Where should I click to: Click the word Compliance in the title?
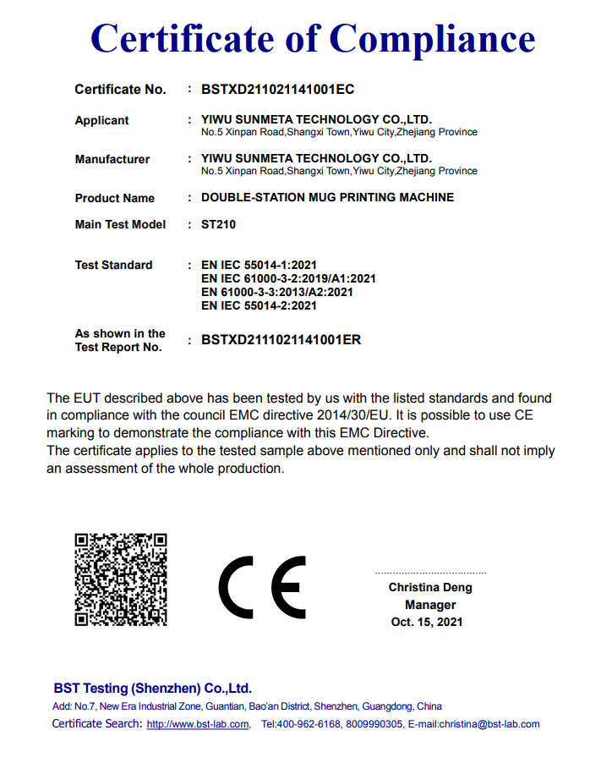coord(432,39)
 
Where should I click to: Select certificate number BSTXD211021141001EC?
coord(278,89)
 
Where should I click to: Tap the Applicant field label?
coord(101,120)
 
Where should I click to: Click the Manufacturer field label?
coord(112,159)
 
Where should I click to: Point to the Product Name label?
coord(114,198)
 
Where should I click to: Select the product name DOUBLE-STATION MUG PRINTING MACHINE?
coord(327,197)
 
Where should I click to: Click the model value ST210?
coord(218,225)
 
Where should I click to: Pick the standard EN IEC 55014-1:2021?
coord(259,265)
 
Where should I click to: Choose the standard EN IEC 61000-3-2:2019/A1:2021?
coord(288,278)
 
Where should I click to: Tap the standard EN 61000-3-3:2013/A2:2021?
coord(276,292)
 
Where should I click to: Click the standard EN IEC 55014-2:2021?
coord(259,305)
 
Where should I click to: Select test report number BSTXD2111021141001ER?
coord(281,340)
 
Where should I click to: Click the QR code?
coord(121,579)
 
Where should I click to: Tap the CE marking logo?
coord(262,588)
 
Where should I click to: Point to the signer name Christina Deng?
coord(430,587)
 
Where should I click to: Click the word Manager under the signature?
coord(430,605)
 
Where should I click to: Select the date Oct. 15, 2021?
coord(427,622)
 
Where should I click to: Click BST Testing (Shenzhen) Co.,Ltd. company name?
coord(152,689)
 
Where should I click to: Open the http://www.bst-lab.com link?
coord(198,724)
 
